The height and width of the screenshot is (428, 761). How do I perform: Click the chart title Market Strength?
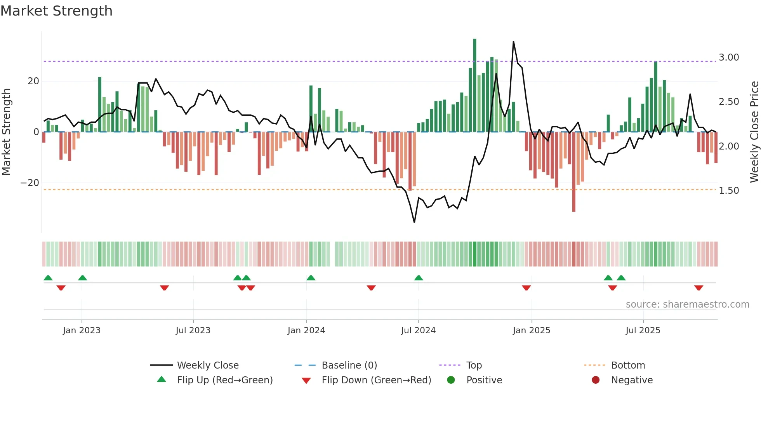[x=56, y=11]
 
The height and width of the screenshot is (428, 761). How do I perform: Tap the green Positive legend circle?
[x=451, y=380]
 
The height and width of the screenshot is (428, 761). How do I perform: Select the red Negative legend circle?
[x=596, y=380]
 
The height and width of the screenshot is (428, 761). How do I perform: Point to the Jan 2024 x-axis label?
[x=306, y=331]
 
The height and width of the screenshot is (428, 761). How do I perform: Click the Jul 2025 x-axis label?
[x=643, y=331]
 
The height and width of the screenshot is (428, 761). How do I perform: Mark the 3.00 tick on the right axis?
[x=729, y=57]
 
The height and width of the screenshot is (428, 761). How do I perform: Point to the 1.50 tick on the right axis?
[x=729, y=191]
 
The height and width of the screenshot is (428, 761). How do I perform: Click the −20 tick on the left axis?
[x=30, y=183]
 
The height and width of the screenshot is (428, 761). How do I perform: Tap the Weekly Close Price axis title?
[x=754, y=132]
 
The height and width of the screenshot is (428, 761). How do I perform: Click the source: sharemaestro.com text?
[x=687, y=304]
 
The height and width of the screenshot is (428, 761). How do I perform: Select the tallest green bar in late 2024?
[x=474, y=85]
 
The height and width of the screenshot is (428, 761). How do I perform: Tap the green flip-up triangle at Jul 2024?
[x=419, y=278]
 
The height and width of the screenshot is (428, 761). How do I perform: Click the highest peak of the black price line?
[x=513, y=42]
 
